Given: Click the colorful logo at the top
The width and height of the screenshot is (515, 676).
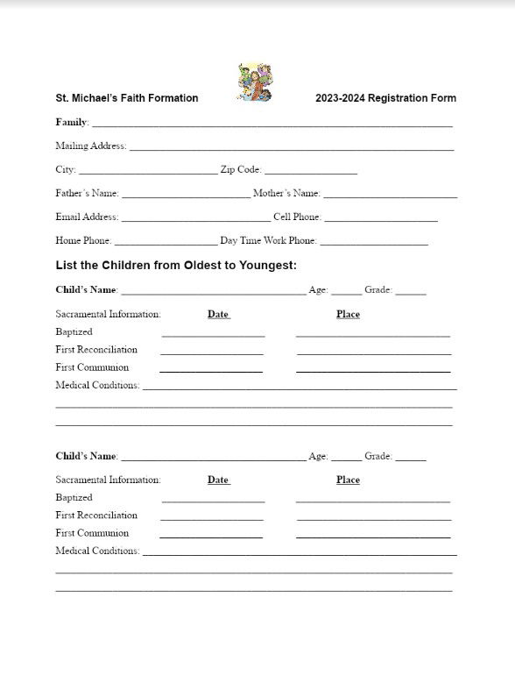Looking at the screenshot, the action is coord(256,82).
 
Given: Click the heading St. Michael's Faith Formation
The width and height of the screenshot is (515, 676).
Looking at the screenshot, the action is coord(127,98).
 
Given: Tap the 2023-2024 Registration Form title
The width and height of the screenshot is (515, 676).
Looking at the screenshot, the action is coord(385,98).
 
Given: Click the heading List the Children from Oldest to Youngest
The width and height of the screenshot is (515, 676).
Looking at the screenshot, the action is coord(176,265).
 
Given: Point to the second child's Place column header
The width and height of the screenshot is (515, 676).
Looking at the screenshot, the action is coord(348,480).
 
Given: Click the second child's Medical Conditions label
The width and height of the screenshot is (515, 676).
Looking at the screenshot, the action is coord(97,551).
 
